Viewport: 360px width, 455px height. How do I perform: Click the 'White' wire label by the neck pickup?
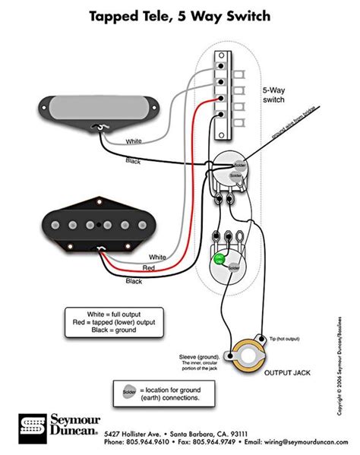pyautogui.click(x=133, y=141)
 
